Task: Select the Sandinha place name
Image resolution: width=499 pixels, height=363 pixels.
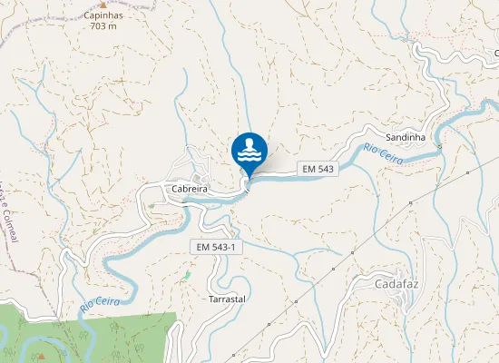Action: click(x=406, y=137)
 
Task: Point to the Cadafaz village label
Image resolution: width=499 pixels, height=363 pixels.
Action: click(x=396, y=283)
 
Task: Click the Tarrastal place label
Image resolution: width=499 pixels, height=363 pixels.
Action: click(x=227, y=299)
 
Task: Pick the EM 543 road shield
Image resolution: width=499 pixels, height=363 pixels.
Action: click(x=318, y=169)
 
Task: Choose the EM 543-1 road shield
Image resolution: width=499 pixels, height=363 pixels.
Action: click(x=218, y=247)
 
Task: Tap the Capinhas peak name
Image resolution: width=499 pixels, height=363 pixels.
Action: click(x=104, y=16)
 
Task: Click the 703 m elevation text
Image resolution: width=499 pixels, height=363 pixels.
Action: click(x=103, y=26)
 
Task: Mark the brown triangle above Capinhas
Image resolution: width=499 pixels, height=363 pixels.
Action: click(x=103, y=5)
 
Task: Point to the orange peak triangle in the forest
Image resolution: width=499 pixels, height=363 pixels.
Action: click(x=42, y=356)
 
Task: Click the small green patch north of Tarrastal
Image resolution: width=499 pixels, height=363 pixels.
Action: click(x=188, y=274)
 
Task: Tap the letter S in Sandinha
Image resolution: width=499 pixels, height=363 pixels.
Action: click(x=389, y=137)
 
